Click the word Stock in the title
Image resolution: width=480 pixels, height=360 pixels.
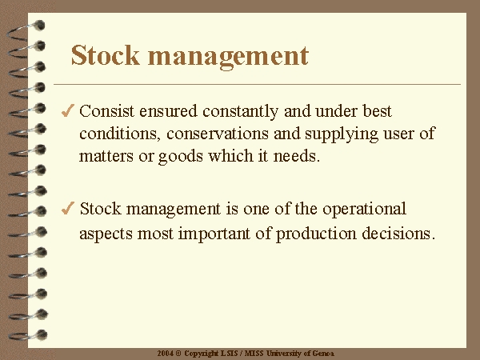coord(106,55)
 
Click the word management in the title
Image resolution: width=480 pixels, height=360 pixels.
coord(228,58)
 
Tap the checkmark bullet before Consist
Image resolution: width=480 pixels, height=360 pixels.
coord(68,110)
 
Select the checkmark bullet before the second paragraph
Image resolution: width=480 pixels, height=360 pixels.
coord(68,208)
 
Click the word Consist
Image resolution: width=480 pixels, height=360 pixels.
coord(106,111)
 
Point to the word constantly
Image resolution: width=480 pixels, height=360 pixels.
coord(240,112)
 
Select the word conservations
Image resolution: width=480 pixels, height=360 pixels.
coord(218,134)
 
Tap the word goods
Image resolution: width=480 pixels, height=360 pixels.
coord(181,157)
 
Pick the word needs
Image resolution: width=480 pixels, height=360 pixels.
coord(296,156)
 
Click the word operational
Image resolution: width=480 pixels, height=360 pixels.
coord(364,210)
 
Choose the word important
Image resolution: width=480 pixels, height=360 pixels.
coord(214,234)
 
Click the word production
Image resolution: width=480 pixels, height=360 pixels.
coord(316,234)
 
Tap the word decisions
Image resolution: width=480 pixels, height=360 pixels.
coord(398,234)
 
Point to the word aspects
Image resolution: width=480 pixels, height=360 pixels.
coord(106,234)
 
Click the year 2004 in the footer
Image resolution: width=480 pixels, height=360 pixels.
coord(166,354)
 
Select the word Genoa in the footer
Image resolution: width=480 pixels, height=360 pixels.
coord(323,354)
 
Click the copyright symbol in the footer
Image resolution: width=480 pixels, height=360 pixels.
coord(178,354)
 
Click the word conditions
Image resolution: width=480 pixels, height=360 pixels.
coord(120,134)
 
